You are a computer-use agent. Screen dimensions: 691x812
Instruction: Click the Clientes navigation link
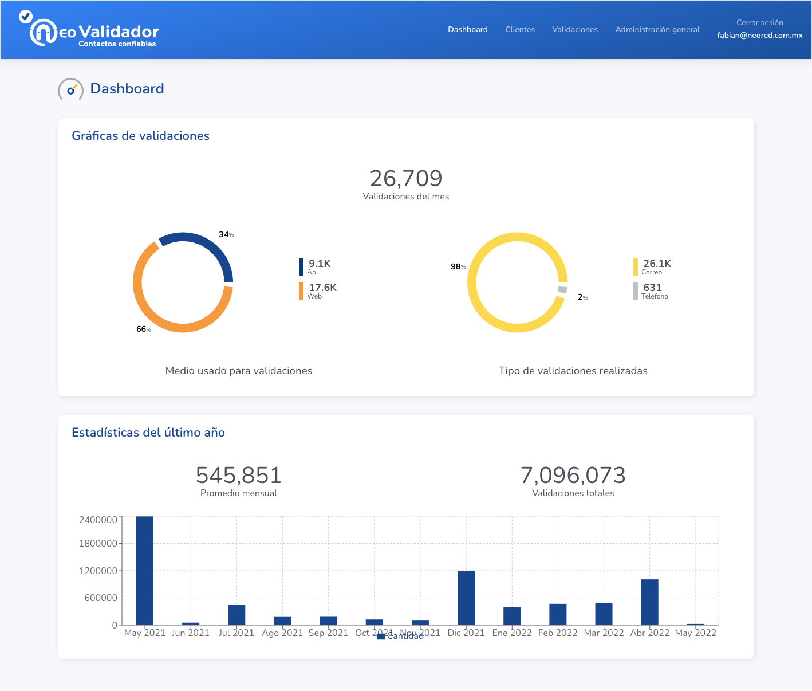(519, 29)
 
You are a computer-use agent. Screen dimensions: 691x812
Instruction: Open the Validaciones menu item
(574, 29)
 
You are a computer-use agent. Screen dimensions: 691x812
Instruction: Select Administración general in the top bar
(657, 29)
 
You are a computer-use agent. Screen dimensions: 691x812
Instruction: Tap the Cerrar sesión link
(759, 23)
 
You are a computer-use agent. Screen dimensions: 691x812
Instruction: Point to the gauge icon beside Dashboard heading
(70, 89)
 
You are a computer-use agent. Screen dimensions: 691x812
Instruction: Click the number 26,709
(405, 179)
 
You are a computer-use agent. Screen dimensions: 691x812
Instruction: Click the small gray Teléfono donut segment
(562, 290)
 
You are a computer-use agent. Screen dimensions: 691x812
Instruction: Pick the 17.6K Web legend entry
(318, 290)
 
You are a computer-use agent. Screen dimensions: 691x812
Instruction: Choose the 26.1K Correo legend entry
(653, 266)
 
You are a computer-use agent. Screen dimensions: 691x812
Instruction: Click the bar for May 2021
(145, 570)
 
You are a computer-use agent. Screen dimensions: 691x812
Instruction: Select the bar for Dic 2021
(466, 598)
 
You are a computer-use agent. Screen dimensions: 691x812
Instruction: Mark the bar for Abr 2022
(649, 602)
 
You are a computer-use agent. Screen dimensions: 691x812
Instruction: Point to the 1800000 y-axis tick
(98, 543)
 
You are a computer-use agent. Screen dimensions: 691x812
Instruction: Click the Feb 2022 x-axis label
(558, 633)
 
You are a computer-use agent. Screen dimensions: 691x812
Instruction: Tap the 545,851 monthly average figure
(238, 476)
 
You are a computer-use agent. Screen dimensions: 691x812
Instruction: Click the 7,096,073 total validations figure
(573, 476)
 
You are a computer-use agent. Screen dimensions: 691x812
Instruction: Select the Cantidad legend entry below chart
(401, 636)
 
